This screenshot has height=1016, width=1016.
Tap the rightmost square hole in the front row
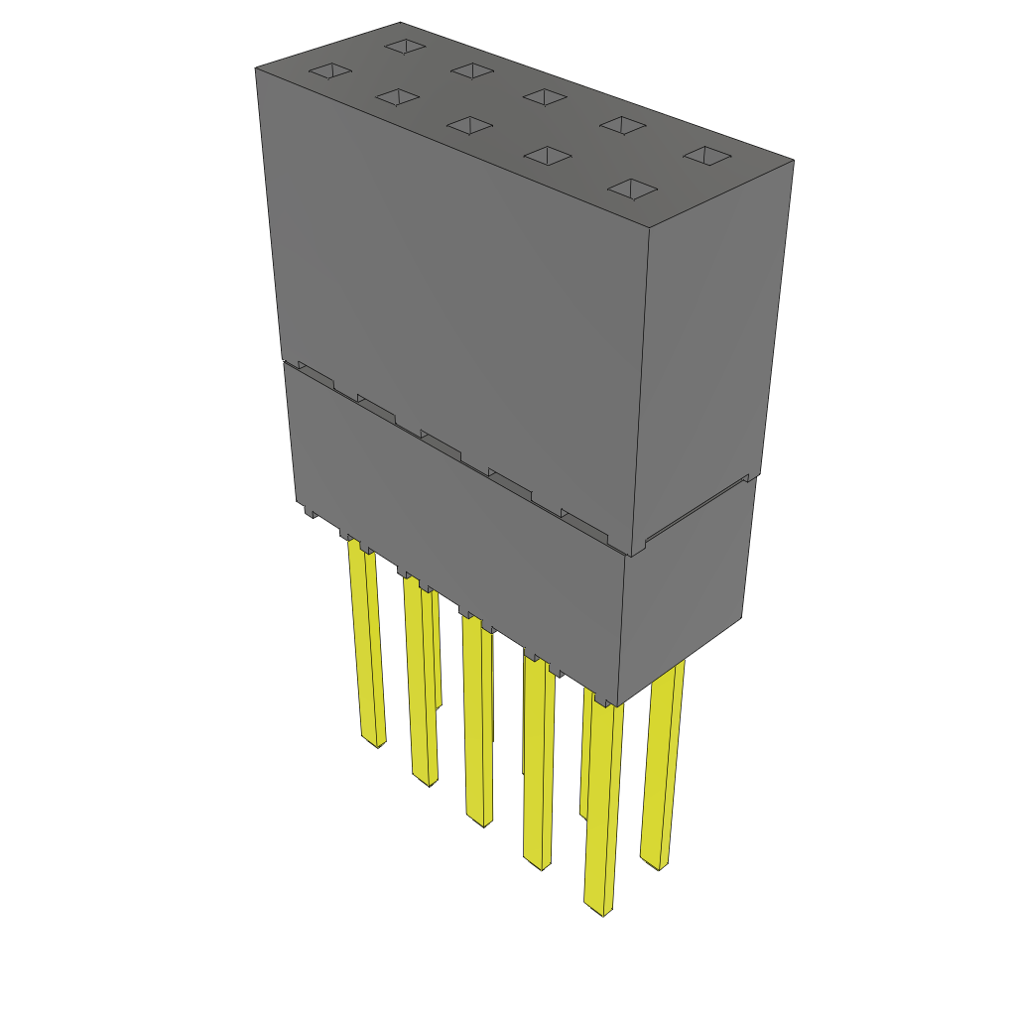633,189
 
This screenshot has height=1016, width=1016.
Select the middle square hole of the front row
469,125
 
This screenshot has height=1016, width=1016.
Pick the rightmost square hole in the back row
707,156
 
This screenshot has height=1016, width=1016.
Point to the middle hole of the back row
544,96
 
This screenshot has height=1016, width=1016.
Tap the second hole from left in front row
395,96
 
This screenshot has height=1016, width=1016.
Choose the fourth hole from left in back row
624,125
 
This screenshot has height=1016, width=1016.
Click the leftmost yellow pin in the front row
366,655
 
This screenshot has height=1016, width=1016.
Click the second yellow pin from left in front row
421,685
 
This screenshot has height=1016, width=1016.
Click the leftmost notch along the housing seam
316,375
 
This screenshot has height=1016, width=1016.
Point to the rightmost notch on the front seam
583,523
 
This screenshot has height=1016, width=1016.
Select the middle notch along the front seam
440,444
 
